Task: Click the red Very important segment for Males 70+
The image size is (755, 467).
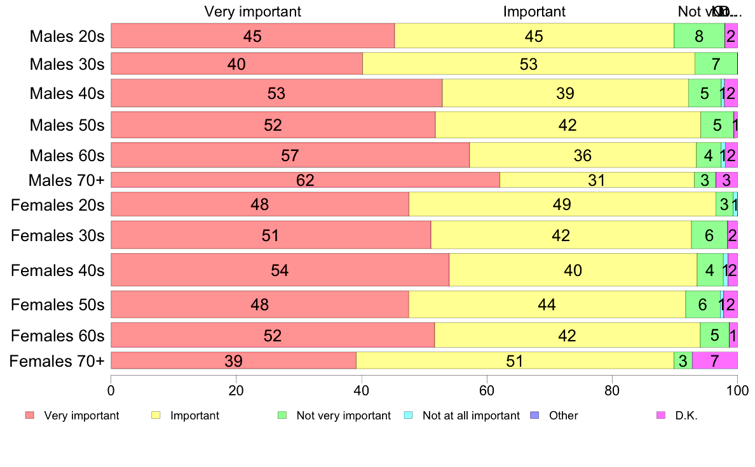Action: point(305,180)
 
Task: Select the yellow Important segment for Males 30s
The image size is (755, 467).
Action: point(528,63)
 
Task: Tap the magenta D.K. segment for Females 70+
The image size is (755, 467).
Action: point(714,360)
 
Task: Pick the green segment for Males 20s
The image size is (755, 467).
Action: point(698,36)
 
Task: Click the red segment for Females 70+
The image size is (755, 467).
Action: point(233,360)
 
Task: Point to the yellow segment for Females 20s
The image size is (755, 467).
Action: point(562,204)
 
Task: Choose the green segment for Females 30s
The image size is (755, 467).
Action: point(709,235)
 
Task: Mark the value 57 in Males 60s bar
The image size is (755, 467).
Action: point(290,155)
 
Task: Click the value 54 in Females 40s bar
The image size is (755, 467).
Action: point(280,270)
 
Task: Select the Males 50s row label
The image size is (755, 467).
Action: point(67,124)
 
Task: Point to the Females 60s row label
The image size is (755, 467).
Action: point(57,336)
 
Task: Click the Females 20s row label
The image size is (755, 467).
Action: point(57,204)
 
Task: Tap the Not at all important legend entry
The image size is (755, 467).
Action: point(470,416)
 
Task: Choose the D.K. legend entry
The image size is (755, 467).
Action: point(686,416)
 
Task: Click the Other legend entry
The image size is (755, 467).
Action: point(563,416)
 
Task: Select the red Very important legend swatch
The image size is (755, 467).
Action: point(29,416)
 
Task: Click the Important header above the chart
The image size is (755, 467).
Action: point(534,11)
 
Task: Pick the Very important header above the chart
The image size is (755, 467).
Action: point(252,11)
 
